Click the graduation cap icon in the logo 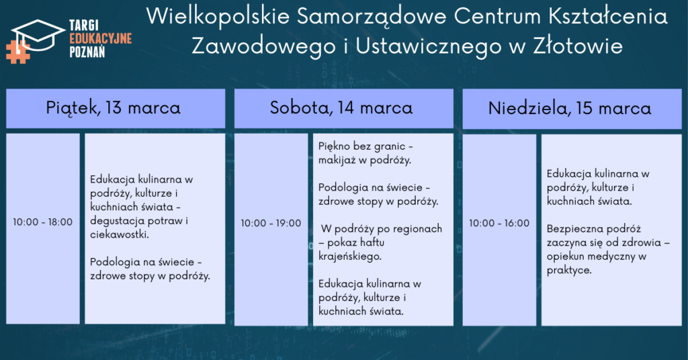(x=38, y=35)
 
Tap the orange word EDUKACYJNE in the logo (x=101, y=38)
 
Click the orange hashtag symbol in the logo (x=17, y=52)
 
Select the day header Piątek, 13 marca (x=113, y=108)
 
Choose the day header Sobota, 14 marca (x=341, y=108)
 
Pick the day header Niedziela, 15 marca (x=570, y=108)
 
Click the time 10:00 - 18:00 (x=42, y=222)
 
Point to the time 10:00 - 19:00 (x=271, y=223)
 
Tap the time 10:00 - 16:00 (x=499, y=223)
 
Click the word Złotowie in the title (x=578, y=46)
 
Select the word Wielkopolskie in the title (x=218, y=17)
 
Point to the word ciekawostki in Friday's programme (x=120, y=234)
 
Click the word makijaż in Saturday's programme (x=337, y=161)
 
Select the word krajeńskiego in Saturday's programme (x=349, y=257)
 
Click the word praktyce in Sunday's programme (x=569, y=270)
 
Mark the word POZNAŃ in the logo (x=87, y=52)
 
